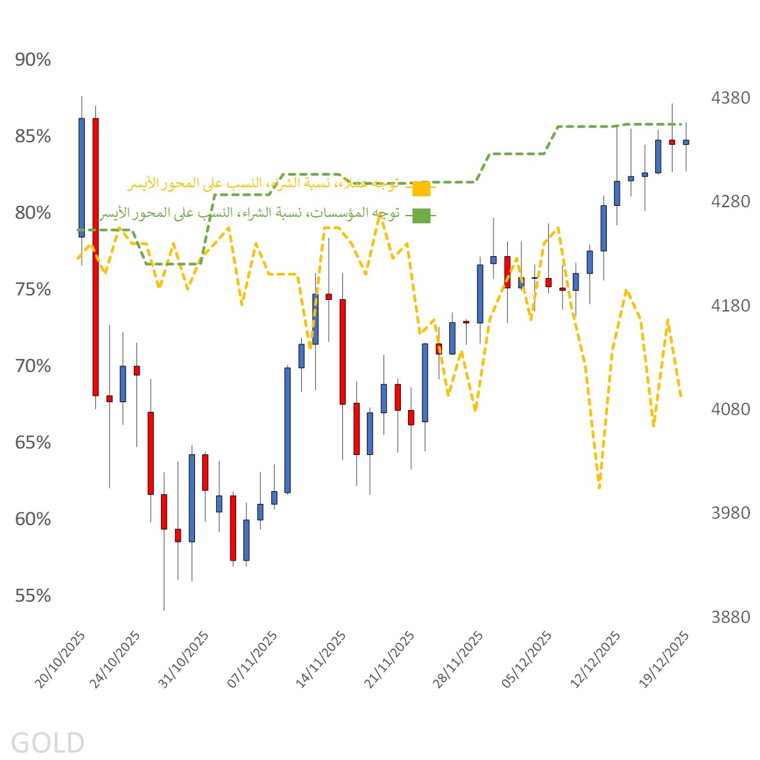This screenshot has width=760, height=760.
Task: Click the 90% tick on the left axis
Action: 33,60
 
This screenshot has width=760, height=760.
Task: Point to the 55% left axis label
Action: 33,596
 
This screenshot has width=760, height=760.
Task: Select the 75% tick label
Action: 33,290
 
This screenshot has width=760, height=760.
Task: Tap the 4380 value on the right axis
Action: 730,98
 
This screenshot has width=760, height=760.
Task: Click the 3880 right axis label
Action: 730,617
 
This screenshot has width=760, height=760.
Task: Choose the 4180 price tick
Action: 730,306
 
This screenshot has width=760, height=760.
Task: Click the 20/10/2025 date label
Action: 61,660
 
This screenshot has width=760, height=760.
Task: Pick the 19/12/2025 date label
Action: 665,660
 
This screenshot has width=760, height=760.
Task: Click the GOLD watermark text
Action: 48,743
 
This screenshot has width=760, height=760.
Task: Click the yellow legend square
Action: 421,189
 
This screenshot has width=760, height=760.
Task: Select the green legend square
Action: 421,216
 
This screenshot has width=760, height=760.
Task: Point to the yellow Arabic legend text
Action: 264,185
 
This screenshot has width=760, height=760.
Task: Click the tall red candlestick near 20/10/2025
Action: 95,257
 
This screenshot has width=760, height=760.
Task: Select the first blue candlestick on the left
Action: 82,178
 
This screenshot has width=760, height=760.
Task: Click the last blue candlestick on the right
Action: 686,142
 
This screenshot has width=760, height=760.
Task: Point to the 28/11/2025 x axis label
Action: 459,660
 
